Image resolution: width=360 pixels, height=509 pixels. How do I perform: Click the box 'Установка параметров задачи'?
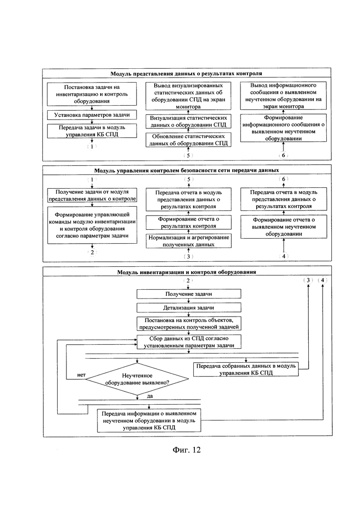point(92,115)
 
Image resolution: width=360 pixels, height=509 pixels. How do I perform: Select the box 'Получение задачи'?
point(189,294)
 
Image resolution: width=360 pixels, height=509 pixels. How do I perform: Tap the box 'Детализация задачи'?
point(189,307)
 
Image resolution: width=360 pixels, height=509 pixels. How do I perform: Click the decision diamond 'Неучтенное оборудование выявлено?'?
point(138,379)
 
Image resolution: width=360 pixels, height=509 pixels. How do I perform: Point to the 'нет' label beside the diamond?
point(81,375)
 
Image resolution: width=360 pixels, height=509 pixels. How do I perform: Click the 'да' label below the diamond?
point(150,396)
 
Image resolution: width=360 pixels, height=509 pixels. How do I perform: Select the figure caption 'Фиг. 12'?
point(186,449)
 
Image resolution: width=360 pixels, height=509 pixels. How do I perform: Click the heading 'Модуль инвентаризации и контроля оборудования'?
point(186,272)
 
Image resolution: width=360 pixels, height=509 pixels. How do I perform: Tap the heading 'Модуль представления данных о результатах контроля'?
point(186,73)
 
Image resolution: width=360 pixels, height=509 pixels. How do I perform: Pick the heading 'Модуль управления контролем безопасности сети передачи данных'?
point(186,170)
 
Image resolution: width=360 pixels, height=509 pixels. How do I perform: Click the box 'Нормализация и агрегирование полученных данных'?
point(189,241)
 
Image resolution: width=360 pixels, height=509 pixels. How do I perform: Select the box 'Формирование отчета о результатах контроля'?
point(189,222)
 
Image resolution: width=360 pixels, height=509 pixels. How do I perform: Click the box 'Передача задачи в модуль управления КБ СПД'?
point(92,131)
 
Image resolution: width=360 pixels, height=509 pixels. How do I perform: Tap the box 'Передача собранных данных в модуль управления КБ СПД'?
point(246,370)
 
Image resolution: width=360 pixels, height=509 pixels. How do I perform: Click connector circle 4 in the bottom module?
point(322,280)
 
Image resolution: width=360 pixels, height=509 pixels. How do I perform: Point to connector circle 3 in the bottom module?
point(308,280)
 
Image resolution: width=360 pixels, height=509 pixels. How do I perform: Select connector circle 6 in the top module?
point(283,155)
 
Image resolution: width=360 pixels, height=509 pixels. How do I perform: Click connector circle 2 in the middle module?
point(92,252)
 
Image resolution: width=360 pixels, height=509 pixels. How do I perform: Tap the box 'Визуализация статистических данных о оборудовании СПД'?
point(189,121)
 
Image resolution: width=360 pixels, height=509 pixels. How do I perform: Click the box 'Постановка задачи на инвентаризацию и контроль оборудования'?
point(92,94)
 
